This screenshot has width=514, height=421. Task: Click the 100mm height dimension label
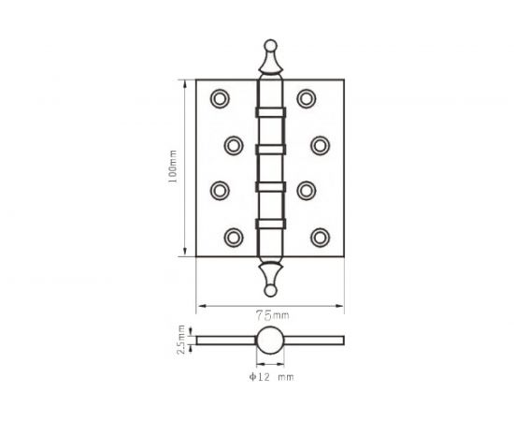[173, 167]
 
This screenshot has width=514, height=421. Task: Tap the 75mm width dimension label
[272, 315]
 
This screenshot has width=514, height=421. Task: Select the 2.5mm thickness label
[181, 340]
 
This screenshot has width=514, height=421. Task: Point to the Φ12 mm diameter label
[271, 377]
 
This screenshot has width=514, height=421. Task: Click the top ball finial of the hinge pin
[271, 46]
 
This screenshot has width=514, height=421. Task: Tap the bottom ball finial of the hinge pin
[270, 290]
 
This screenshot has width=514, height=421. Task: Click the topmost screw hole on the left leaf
[220, 98]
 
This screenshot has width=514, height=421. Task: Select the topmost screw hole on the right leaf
[307, 98]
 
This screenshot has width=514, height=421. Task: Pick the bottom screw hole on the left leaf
[234, 238]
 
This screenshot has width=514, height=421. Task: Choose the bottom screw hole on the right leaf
[321, 238]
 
